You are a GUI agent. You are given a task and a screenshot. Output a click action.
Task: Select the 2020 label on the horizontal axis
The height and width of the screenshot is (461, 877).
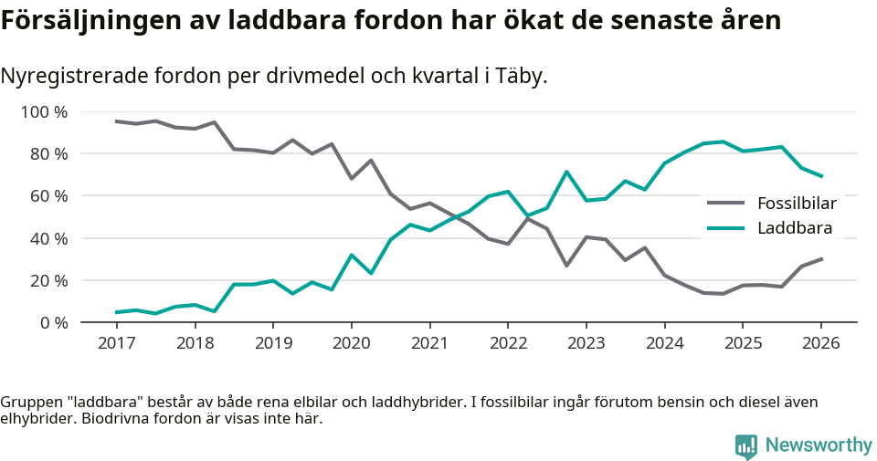point(351,343)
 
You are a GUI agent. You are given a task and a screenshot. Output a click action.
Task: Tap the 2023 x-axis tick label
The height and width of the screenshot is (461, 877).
point(586,343)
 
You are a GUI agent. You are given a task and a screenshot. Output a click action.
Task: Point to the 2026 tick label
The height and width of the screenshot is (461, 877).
point(820,343)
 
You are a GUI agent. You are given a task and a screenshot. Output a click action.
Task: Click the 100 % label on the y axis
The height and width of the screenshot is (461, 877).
point(44,112)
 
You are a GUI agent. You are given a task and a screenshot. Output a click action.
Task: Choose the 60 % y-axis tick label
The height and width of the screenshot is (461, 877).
point(48,196)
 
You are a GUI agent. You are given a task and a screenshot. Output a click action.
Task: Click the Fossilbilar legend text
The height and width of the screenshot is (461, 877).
point(797,203)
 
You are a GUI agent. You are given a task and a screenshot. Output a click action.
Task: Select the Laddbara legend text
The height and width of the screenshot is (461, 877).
point(792,228)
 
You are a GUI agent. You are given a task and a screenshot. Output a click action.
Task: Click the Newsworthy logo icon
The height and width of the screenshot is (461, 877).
point(745,445)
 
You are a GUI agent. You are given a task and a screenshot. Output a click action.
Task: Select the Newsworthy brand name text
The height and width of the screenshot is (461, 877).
point(819,445)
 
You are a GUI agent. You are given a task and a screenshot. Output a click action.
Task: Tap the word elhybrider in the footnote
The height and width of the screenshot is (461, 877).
point(37,420)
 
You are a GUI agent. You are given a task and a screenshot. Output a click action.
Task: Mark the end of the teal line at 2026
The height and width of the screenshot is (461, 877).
point(821,176)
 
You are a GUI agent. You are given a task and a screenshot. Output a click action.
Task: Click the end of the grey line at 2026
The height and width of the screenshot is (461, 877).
point(821,258)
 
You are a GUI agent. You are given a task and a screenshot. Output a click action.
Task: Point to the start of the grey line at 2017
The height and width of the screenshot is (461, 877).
point(116,121)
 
